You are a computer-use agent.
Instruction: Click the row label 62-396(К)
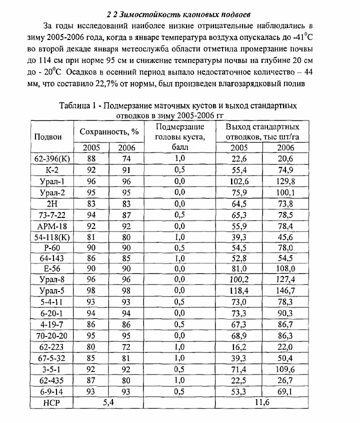[x=52, y=158]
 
